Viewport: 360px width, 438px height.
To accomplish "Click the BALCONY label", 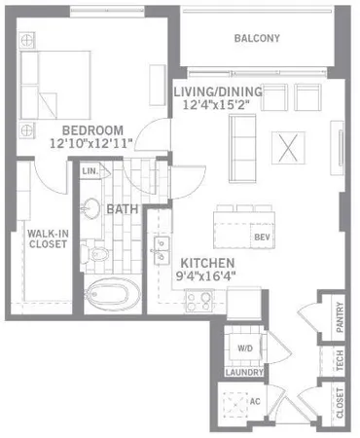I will (x=257, y=39).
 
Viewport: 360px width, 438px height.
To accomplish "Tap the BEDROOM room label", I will (x=92, y=130).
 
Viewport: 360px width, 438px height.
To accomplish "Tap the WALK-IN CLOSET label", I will (x=47, y=237).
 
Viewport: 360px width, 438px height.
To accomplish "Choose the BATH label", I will (x=122, y=209).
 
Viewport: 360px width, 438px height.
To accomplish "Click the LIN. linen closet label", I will (x=90, y=172).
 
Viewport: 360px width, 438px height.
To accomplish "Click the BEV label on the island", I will (x=261, y=237).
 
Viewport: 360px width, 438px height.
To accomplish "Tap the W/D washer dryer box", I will (x=242, y=348).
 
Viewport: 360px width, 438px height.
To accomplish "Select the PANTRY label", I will (x=340, y=318).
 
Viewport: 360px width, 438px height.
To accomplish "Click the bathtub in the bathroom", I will (x=111, y=296).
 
